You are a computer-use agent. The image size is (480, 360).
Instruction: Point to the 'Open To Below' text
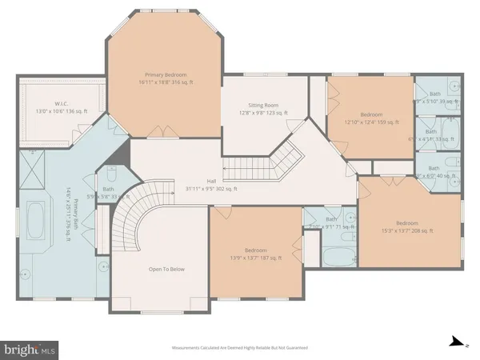pos(168,269)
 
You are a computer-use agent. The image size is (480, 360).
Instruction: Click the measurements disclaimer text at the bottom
pos(240,348)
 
